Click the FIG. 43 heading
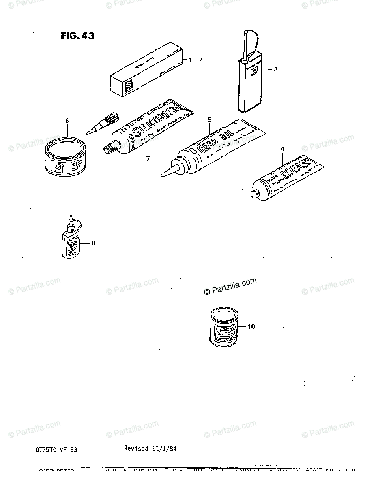77,36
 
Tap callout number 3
275,69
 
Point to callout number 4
283,149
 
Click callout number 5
210,119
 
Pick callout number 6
67,120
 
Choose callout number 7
148,158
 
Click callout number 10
251,326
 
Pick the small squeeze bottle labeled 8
71,241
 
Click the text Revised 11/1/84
150,449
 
